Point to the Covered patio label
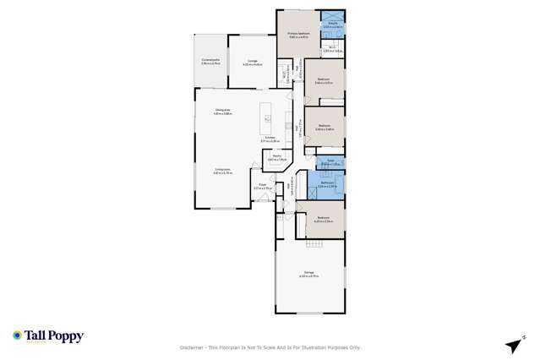coord(210,61)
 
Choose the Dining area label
coord(223,110)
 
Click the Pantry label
coord(276,156)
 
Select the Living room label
coord(223,171)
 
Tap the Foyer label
coord(263,186)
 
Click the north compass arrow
coord(512,346)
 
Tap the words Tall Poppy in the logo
coord(54,335)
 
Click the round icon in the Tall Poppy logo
coord(17,335)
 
